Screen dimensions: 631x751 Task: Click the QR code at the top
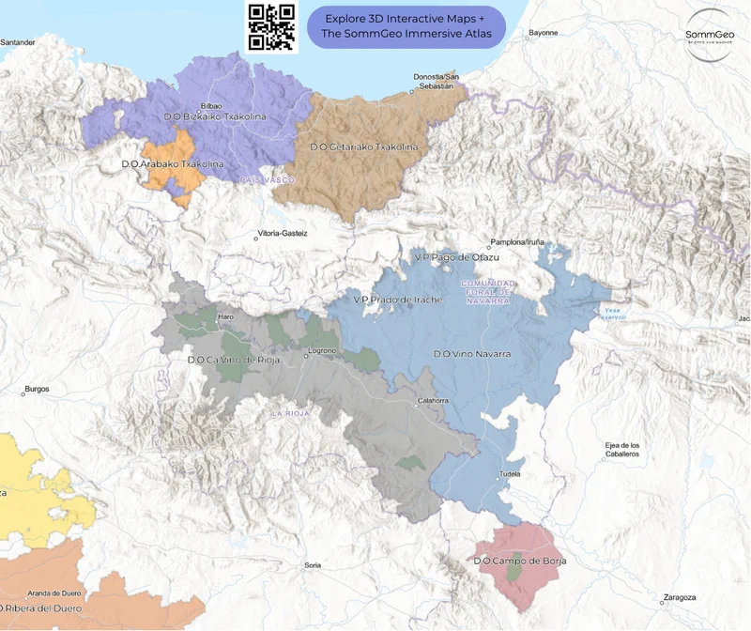tap(272, 27)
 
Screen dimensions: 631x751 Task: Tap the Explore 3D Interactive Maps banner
tap(406, 27)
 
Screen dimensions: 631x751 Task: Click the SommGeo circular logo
tap(711, 37)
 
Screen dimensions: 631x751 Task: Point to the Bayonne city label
tap(543, 33)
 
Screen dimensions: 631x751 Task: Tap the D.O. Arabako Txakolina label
tap(173, 163)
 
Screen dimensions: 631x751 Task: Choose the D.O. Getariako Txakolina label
tap(363, 147)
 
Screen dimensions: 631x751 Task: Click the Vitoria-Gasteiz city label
tap(286, 232)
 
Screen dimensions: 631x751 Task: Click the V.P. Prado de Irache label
tap(396, 300)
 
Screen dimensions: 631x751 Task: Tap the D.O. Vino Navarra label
tap(471, 354)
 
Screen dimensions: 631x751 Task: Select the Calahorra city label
tap(433, 401)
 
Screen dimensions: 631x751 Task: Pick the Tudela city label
tap(510, 473)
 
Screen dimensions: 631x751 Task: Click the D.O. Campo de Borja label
tap(520, 562)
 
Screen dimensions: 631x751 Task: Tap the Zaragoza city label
tap(679, 597)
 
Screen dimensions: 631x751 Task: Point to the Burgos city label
tap(36, 388)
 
